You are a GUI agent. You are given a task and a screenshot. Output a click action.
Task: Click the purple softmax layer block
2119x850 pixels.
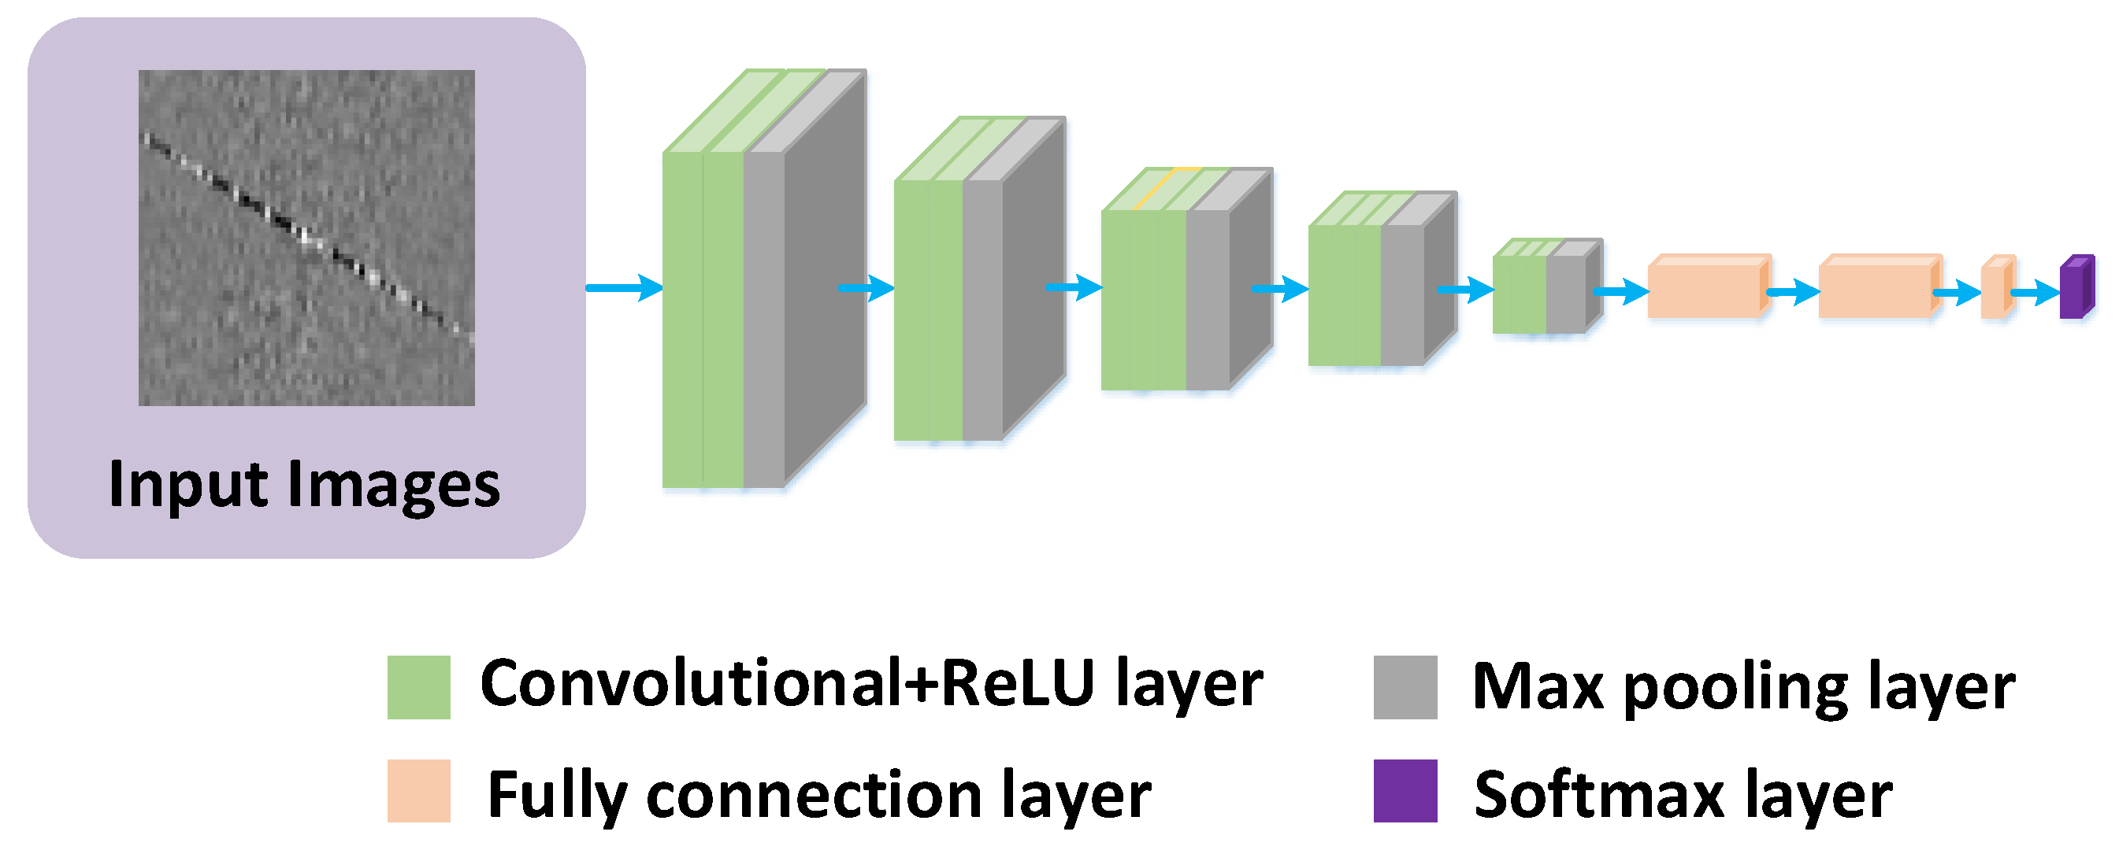pyautogui.click(x=2075, y=288)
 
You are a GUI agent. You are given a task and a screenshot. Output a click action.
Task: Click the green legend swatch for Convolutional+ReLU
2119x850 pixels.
pyautogui.click(x=419, y=687)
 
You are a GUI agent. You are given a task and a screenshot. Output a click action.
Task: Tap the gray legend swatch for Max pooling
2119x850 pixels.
pyautogui.click(x=1405, y=687)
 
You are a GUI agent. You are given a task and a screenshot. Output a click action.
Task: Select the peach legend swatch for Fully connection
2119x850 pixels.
pyautogui.click(x=419, y=791)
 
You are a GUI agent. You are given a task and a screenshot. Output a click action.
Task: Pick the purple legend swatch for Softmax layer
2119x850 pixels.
pyautogui.click(x=1405, y=791)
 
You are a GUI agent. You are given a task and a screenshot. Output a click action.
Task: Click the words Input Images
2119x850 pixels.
pyautogui.click(x=304, y=485)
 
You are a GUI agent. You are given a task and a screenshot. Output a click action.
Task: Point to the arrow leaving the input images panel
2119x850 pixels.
pyautogui.click(x=624, y=288)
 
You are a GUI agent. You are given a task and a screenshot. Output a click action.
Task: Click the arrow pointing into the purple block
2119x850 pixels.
pyautogui.click(x=2035, y=293)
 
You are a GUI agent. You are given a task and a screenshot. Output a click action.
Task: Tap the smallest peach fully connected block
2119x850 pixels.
pyautogui.click(x=1995, y=288)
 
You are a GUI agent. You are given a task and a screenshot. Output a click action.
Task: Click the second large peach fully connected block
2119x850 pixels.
pyautogui.click(x=1878, y=288)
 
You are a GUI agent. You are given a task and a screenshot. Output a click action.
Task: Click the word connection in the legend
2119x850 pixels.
pyautogui.click(x=815, y=795)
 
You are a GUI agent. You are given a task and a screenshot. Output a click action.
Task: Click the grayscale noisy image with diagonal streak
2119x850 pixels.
pyautogui.click(x=306, y=238)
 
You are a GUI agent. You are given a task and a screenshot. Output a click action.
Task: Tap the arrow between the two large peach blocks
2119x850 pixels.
pyautogui.click(x=1793, y=292)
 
